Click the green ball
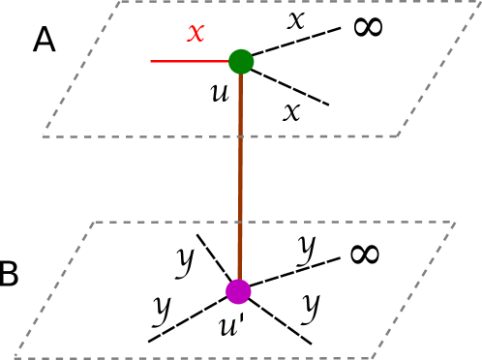tap(241, 62)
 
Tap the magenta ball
tap(238, 291)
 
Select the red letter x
tap(196, 32)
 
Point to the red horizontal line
tap(189, 61)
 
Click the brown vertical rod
tap(240, 174)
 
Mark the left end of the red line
tap(151, 61)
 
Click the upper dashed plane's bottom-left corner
tap(43, 136)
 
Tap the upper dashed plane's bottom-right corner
tap(397, 135)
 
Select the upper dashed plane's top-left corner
tap(120, 2)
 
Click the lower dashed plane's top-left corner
tap(94, 223)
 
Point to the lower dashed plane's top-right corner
tap(455, 223)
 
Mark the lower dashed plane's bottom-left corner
tap(15, 357)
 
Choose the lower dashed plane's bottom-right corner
tap(373, 357)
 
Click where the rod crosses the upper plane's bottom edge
tap(240, 136)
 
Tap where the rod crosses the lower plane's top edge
tap(240, 223)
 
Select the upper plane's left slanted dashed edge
tap(81, 69)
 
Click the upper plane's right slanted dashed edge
tap(437, 69)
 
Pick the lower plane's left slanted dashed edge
tap(54, 290)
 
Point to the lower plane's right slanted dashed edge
tap(414, 290)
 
